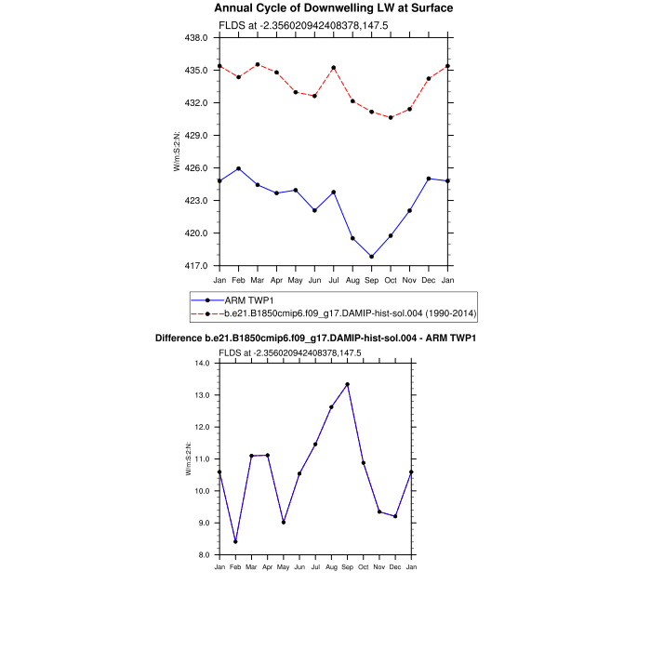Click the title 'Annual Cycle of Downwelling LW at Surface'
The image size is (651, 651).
(334, 8)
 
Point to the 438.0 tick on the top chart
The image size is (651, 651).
(199, 37)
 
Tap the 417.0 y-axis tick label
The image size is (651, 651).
(199, 266)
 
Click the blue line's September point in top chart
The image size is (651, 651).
(372, 257)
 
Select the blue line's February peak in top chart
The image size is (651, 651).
(239, 168)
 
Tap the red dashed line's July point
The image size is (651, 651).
(334, 68)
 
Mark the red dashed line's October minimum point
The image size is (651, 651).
(391, 117)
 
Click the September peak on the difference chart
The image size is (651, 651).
(347, 384)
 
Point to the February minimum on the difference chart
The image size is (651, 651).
(235, 541)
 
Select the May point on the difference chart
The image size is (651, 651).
(284, 522)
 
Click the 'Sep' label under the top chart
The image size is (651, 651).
(372, 280)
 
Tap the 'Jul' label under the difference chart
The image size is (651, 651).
(315, 566)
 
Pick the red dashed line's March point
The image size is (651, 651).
(258, 65)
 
